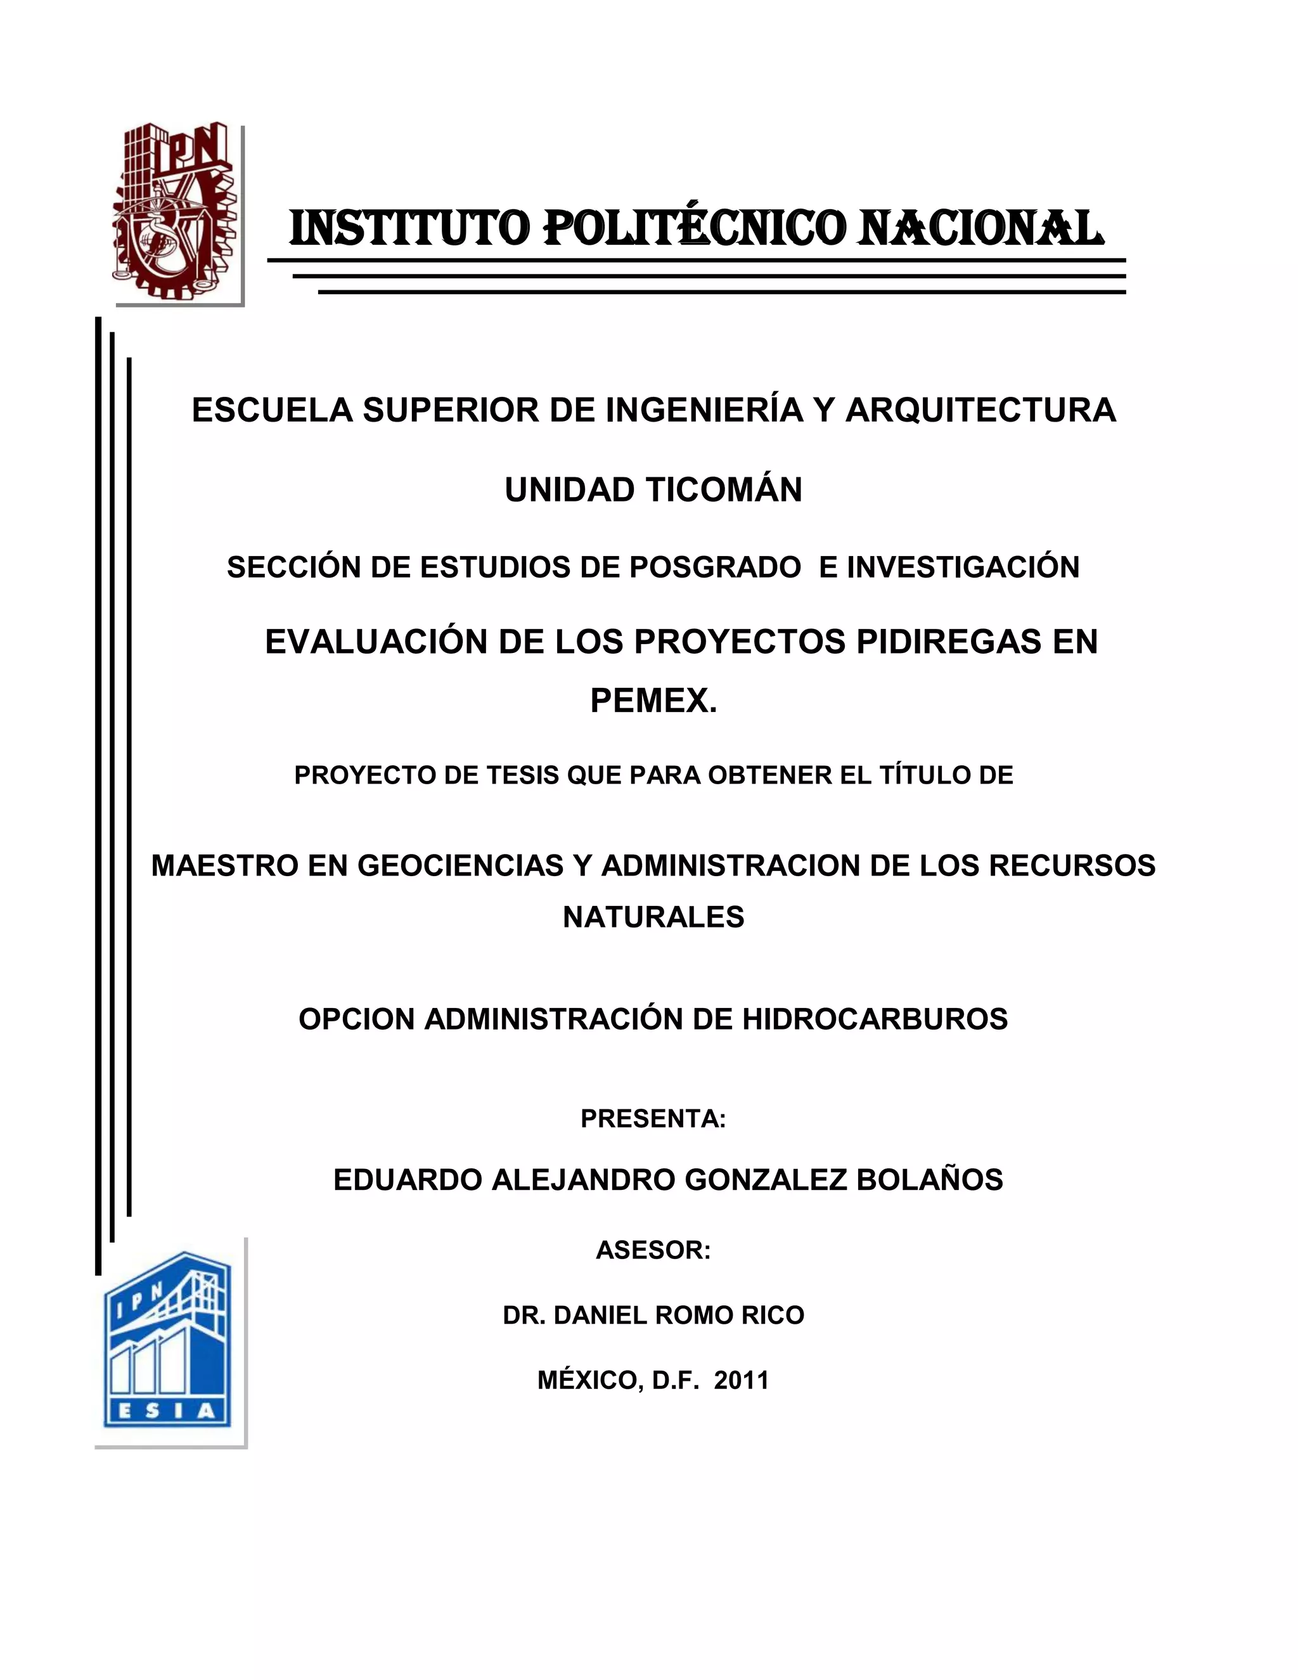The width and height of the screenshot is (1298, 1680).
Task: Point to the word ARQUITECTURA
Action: point(980,410)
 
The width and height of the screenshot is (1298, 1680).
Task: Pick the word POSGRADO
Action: point(714,567)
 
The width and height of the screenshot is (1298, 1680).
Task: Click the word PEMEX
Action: point(653,700)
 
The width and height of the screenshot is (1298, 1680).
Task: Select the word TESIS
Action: point(522,775)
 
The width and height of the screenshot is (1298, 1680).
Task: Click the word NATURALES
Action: point(653,917)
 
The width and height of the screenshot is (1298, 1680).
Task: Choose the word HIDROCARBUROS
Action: point(874,1019)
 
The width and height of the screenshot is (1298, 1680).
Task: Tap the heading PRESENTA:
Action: point(653,1118)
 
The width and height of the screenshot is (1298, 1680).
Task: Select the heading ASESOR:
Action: point(653,1250)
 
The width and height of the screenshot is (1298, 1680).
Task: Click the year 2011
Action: point(742,1381)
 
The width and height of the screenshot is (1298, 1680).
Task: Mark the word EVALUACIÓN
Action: point(375,642)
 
